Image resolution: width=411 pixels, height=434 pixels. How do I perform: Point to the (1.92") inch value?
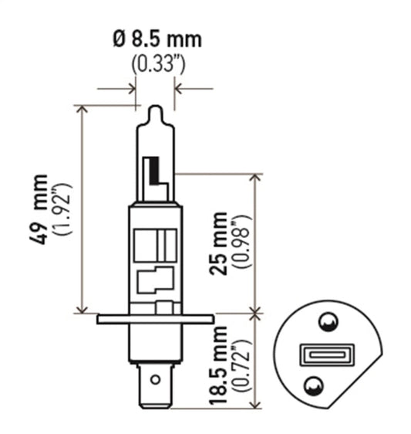tap(63, 209)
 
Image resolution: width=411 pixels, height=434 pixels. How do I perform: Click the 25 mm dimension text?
tap(222, 243)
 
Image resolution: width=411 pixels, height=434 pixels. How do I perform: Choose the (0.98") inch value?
tap(244, 243)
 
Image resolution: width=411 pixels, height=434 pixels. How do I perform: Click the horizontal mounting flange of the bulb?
tap(155, 318)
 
